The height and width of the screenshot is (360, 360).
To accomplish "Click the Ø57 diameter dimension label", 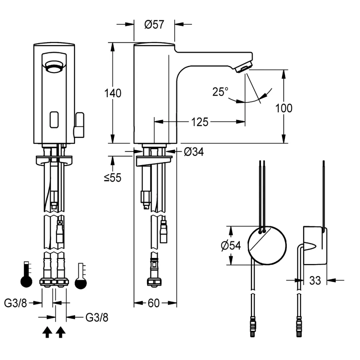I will [x=154, y=25].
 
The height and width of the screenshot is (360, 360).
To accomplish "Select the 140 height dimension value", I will [x=113, y=93].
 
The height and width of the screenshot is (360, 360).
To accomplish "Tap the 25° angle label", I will [x=220, y=92].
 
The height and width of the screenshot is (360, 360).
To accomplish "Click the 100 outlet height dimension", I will [x=284, y=108].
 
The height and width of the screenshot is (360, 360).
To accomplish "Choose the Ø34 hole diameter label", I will [x=194, y=152].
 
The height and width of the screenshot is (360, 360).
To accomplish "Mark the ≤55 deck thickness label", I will [x=112, y=177].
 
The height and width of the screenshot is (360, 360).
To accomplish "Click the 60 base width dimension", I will [x=153, y=303].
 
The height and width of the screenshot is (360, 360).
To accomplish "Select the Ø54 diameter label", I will [x=231, y=246].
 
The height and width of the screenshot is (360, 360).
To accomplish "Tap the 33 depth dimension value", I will [x=315, y=280].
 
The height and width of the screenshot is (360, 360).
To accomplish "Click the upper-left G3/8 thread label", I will [x=16, y=303].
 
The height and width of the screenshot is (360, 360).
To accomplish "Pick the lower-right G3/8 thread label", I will [x=97, y=318].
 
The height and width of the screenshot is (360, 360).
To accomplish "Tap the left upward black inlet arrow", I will [x=46, y=332].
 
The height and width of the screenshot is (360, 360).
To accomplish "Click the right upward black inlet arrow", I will [x=60, y=332].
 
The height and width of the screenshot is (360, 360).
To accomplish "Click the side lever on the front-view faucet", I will [x=79, y=125].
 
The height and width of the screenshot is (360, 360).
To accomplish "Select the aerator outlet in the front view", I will [x=54, y=67].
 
